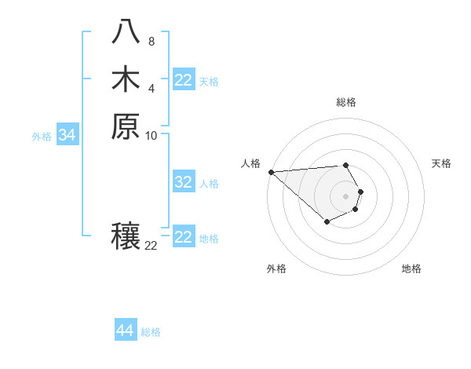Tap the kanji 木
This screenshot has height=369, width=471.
(x=126, y=79)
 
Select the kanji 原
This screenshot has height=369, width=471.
(x=126, y=126)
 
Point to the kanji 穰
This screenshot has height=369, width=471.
(x=126, y=236)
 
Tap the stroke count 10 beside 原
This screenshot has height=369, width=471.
(x=152, y=135)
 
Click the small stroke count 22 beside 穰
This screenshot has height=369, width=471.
(x=151, y=246)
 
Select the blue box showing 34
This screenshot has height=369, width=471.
(x=68, y=136)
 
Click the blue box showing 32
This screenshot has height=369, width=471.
(x=184, y=182)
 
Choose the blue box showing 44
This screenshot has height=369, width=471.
(x=125, y=331)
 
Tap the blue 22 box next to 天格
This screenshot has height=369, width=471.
(x=184, y=80)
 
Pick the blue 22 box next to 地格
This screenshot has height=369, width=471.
(x=184, y=237)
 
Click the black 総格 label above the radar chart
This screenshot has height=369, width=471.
(x=346, y=102)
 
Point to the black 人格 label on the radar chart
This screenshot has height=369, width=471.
(x=250, y=163)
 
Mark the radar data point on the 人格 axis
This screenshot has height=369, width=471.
(x=271, y=172)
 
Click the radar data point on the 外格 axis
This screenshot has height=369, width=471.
(x=327, y=223)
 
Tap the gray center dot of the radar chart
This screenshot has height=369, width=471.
(x=346, y=195)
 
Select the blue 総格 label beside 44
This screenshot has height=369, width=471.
(x=151, y=332)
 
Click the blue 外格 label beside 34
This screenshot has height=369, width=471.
(x=42, y=137)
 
